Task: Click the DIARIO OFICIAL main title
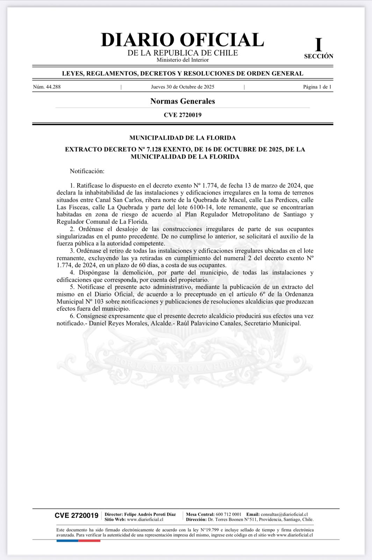pos(182,40)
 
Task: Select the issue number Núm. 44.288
pos(47,87)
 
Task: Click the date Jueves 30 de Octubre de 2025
pos(183,87)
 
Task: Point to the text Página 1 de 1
pos(317,87)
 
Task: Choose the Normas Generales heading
pos(183,101)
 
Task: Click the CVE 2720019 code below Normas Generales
pos(183,115)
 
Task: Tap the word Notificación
pos(87,171)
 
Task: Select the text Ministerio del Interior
pos(183,60)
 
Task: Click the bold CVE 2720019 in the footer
pos(77,516)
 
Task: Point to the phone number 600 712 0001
pos(229,514)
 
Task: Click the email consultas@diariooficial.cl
pos(284,514)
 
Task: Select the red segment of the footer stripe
pos(90,541)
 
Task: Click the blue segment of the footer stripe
pos(67,541)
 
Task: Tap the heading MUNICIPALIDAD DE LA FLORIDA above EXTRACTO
pos(183,138)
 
